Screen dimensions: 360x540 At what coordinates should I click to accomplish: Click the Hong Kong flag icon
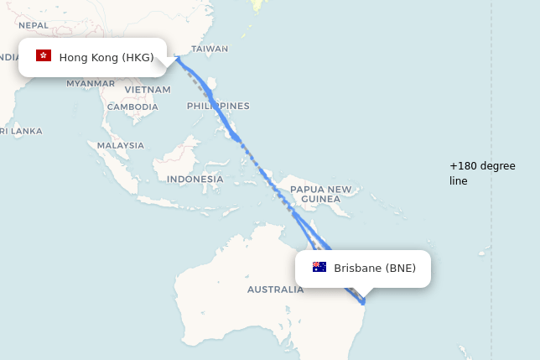[44, 56]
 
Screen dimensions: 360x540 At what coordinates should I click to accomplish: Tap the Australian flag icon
[319, 268]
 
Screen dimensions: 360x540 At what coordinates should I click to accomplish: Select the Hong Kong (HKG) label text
[106, 57]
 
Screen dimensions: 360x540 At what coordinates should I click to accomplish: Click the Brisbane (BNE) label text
[375, 269]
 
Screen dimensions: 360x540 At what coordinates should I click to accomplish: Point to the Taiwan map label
[210, 49]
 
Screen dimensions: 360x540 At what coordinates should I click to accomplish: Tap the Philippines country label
[218, 106]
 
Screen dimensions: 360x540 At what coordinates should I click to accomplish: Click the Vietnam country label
[148, 89]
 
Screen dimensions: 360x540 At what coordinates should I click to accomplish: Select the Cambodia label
[132, 107]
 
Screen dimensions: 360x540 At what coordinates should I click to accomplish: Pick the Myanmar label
[91, 83]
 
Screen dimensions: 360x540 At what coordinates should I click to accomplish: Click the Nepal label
[34, 25]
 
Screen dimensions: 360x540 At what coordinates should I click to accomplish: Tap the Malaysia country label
[121, 145]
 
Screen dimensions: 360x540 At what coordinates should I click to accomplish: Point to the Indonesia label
[195, 179]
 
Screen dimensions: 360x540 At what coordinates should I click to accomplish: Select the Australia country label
[275, 290]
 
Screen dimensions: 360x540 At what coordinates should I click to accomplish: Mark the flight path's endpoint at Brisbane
[363, 301]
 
